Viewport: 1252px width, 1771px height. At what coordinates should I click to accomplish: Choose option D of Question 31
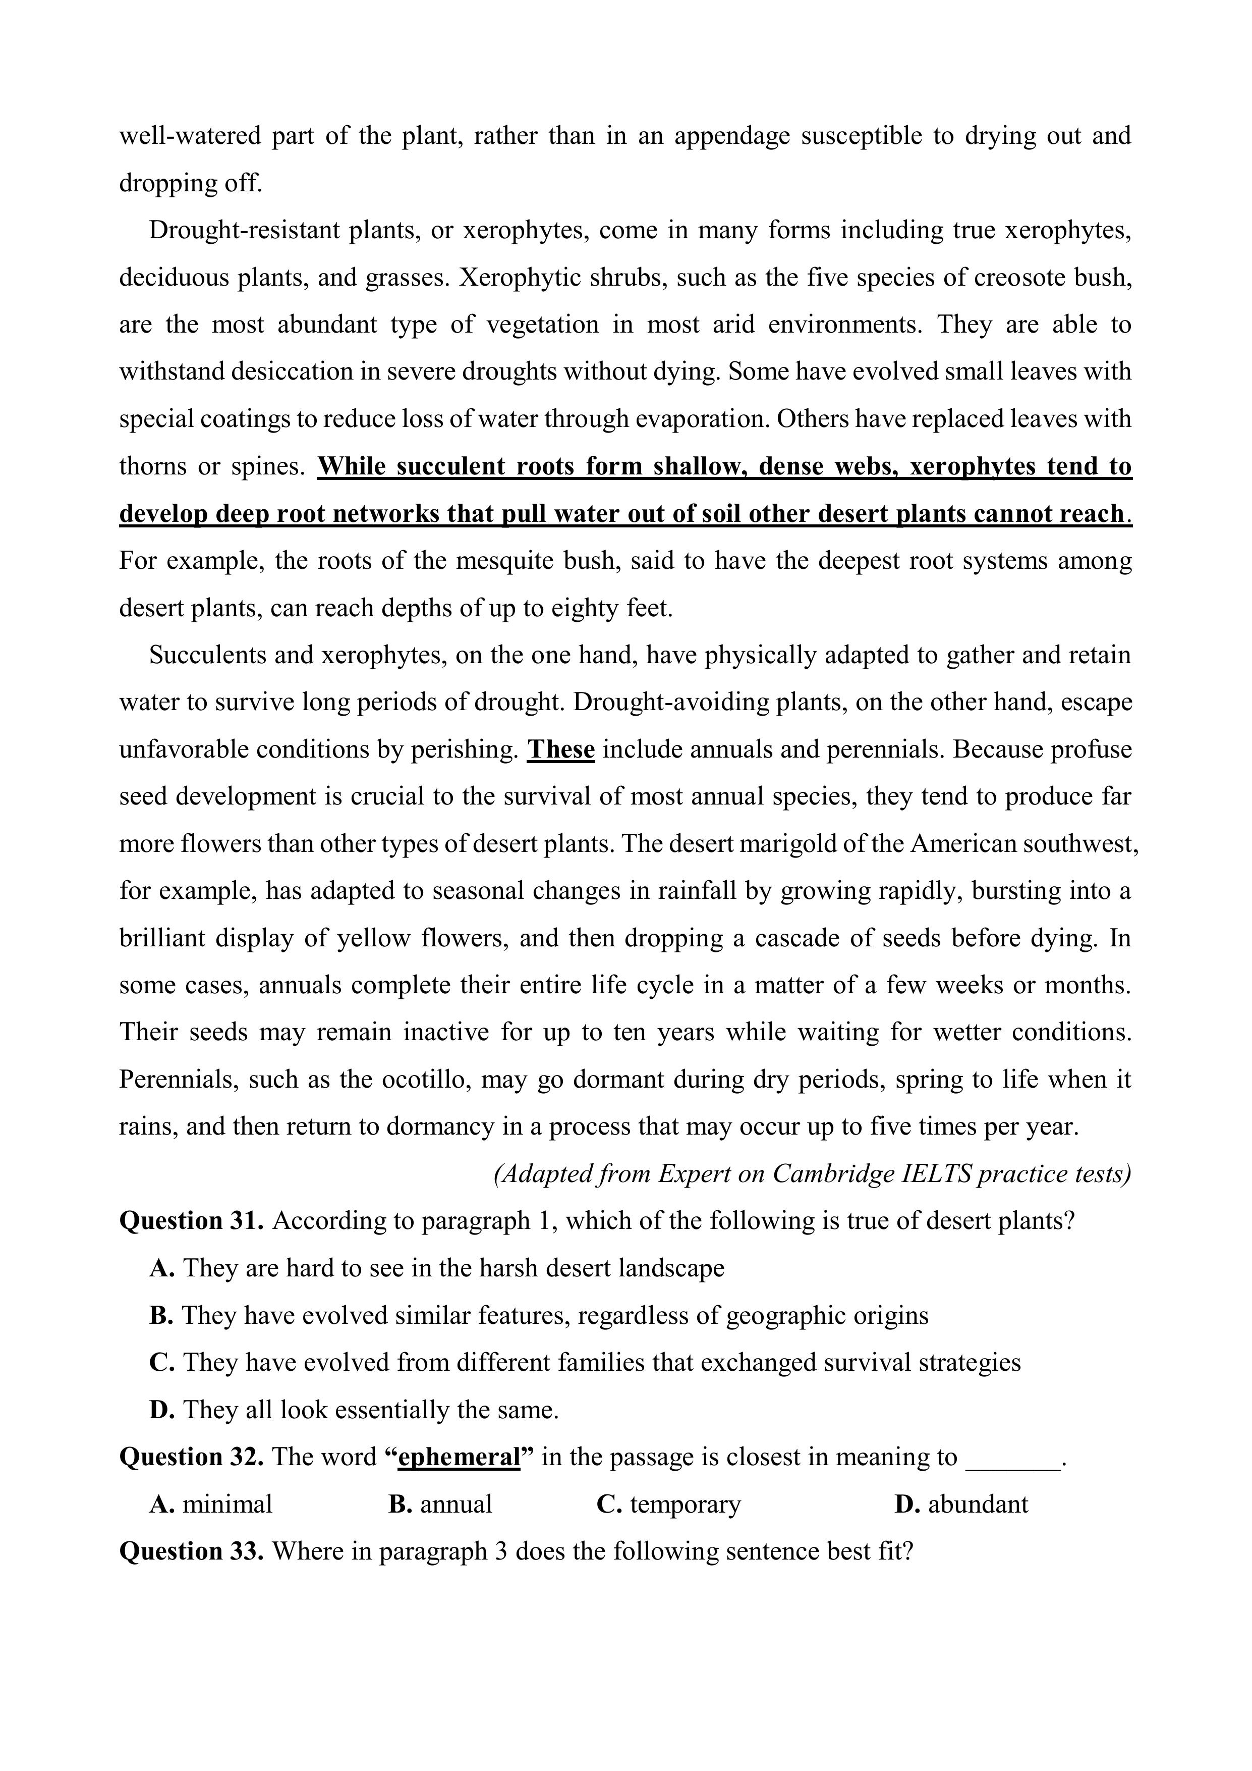[354, 1410]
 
